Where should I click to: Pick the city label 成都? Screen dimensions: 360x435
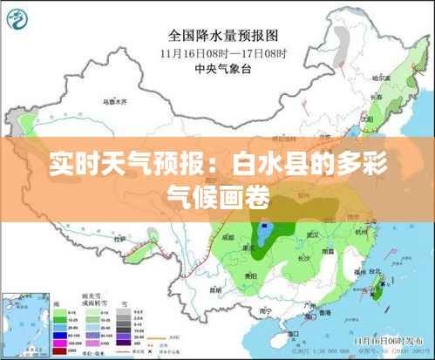click(x=228, y=235)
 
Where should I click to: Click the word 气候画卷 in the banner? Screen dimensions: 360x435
click(x=217, y=188)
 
